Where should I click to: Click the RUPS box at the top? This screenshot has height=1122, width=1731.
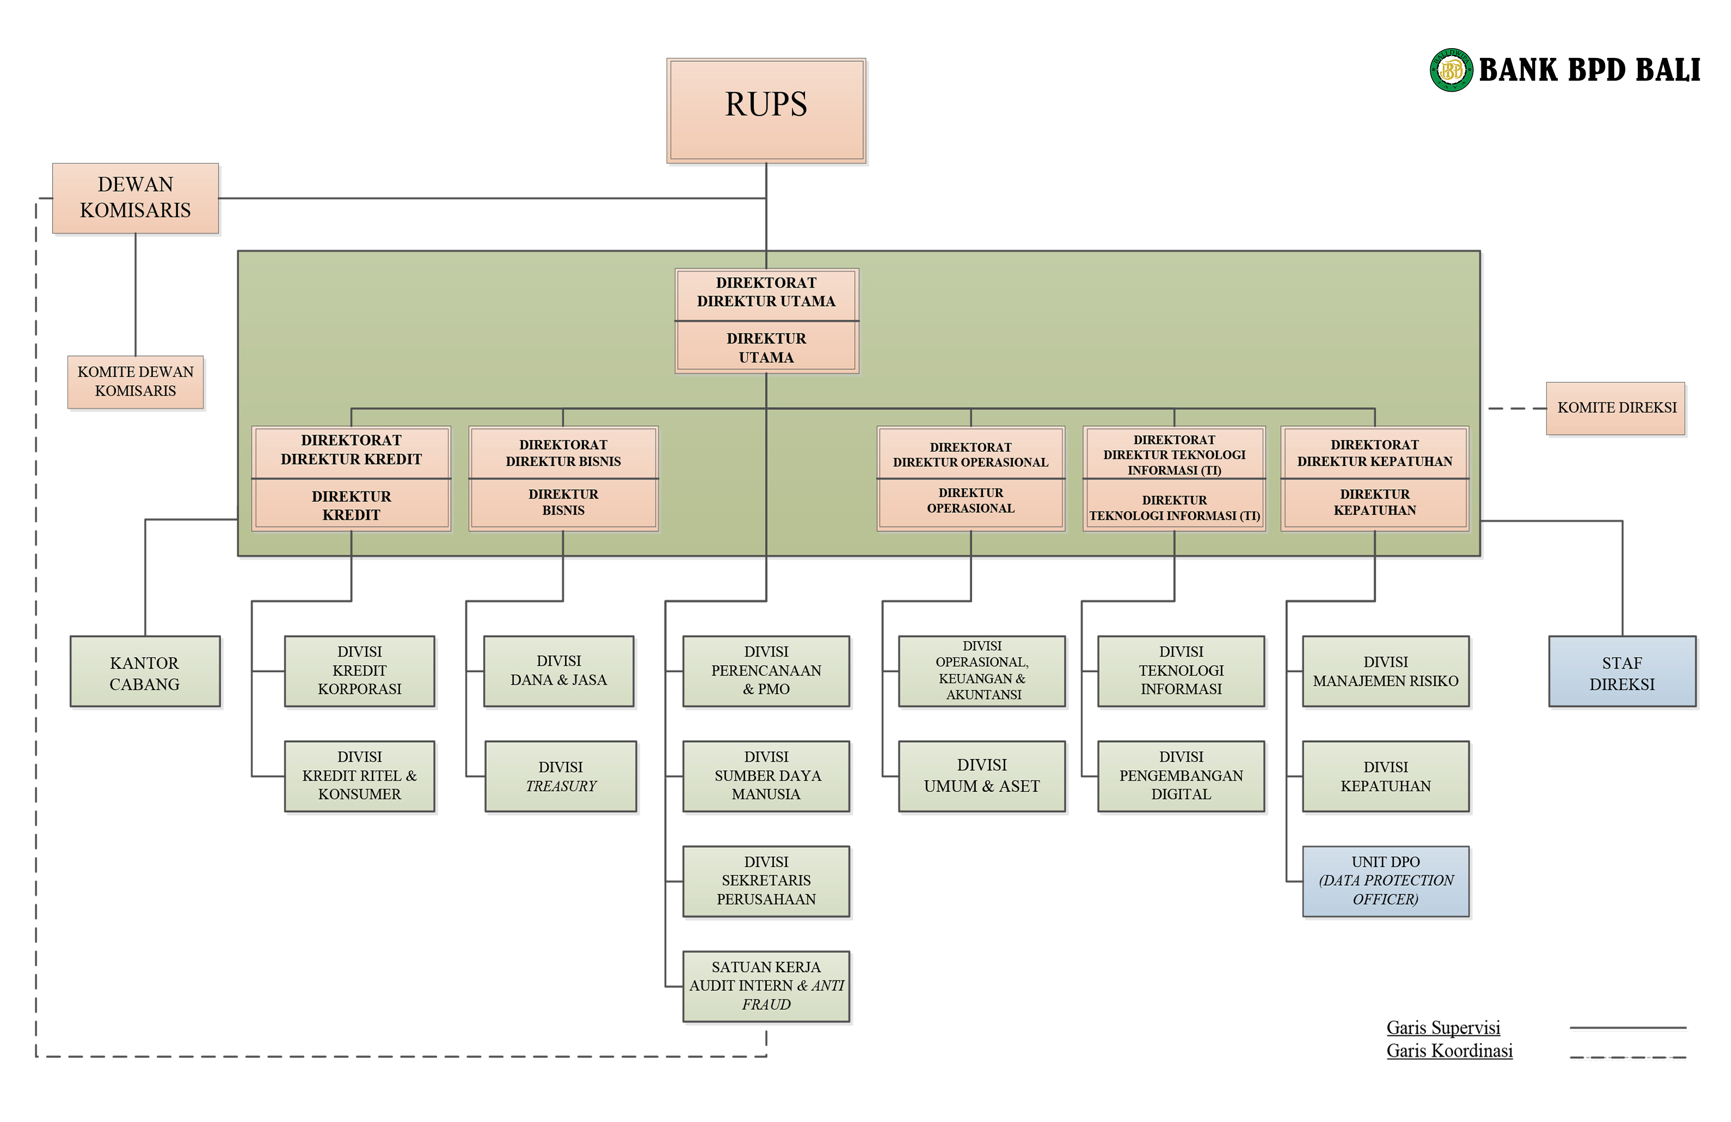tap(766, 110)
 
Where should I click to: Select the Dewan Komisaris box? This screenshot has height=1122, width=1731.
tap(135, 198)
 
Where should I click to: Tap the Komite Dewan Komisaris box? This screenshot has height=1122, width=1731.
tap(135, 382)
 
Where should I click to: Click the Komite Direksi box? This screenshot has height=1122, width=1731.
tap(1616, 408)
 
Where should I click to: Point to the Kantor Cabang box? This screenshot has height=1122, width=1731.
tap(145, 672)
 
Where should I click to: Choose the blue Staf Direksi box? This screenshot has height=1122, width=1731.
tap(1622, 672)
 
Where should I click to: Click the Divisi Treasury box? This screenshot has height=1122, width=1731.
tap(561, 776)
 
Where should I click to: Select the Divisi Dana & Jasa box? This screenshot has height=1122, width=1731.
tap(559, 671)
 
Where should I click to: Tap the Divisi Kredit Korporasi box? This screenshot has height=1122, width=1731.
tap(359, 671)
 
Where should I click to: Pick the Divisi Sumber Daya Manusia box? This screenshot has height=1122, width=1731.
tap(766, 776)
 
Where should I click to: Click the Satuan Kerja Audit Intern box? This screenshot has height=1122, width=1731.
tap(766, 986)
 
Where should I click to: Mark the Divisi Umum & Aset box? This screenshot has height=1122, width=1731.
tap(982, 776)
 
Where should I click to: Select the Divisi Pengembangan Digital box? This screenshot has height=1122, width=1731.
tap(1181, 776)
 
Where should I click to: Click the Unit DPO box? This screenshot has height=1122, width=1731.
tap(1386, 881)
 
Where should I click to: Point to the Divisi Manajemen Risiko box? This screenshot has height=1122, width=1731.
tap(1386, 671)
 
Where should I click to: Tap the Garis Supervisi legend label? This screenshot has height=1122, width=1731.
tap(1443, 1028)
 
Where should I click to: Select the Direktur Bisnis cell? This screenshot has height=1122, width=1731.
tap(563, 503)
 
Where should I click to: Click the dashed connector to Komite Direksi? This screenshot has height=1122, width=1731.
tap(1516, 408)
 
